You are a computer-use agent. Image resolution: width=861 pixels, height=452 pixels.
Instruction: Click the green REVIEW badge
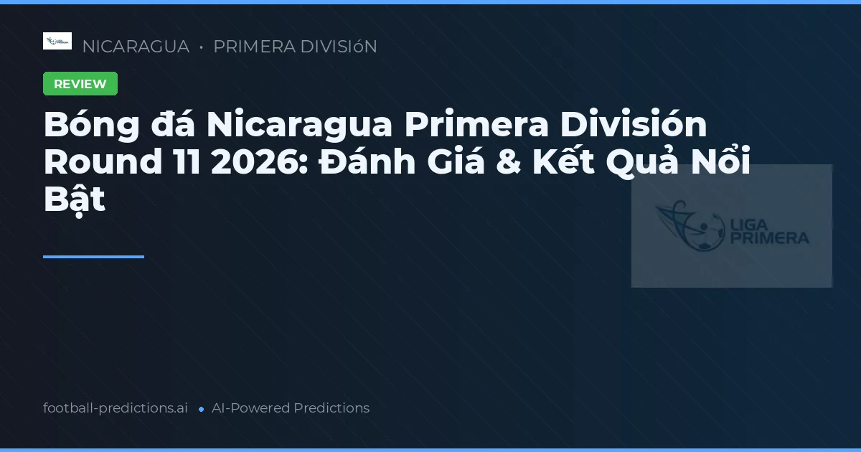80,84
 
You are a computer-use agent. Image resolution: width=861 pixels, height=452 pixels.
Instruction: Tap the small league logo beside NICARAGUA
57,41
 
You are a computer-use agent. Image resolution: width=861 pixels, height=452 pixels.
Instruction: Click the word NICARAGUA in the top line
136,47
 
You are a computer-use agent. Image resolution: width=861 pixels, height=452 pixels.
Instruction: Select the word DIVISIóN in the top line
337,47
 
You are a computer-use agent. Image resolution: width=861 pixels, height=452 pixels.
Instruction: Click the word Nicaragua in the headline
299,126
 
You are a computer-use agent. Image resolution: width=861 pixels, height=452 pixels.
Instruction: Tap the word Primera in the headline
475,126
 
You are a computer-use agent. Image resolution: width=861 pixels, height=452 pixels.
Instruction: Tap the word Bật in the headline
75,200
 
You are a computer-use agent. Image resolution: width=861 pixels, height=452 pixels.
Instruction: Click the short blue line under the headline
93,256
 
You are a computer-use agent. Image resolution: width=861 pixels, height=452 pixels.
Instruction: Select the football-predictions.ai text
116,408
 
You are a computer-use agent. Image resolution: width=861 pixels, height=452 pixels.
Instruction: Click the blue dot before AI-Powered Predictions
201,409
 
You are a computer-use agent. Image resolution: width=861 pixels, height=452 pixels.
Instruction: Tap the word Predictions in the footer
331,408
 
